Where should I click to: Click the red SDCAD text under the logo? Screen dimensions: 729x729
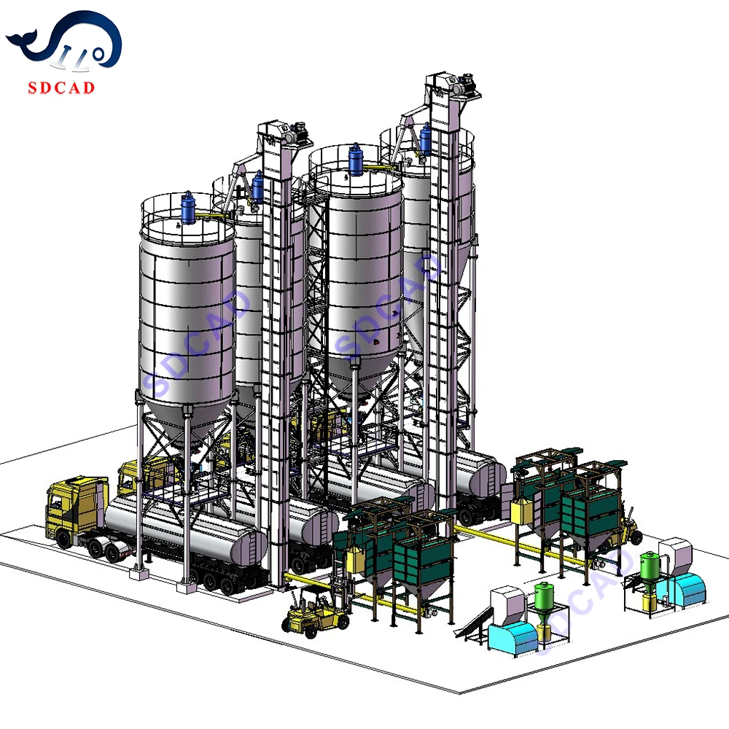[x=61, y=87]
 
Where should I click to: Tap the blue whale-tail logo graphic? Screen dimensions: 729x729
[x=64, y=41]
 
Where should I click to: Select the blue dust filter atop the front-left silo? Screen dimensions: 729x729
[x=188, y=208]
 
